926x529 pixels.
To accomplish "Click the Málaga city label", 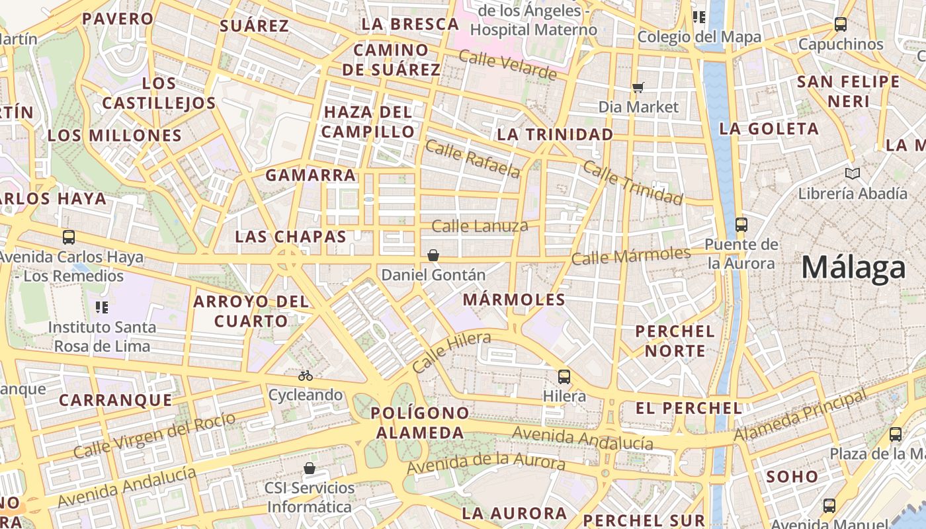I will pos(853,268).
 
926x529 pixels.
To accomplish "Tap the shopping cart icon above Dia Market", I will pos(638,87).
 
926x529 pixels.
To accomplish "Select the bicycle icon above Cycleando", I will pos(305,376).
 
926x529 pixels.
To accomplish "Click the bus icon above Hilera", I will pos(564,377).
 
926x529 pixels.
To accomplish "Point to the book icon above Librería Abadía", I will pos(853,174).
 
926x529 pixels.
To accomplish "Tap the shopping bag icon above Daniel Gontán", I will pos(433,255).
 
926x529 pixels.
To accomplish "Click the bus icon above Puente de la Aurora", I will pos(741,224).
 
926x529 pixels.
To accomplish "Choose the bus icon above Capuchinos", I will pos(840,24).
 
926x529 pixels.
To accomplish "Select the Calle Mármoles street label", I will pos(631,255).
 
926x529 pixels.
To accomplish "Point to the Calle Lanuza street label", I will pos(480,226).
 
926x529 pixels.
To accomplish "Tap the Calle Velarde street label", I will pos(507,64).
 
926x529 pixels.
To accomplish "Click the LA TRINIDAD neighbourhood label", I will pos(555,134).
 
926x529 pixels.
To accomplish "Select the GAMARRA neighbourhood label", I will pos(310,175).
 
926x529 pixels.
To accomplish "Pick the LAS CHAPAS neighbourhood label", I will pos(291,236).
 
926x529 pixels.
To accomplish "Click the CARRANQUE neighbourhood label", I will pos(116,400).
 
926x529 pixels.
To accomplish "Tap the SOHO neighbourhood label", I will pos(792,476).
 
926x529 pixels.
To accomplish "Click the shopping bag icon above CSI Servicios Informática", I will pos(309,469).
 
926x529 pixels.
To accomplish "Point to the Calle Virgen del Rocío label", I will pos(154,436).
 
